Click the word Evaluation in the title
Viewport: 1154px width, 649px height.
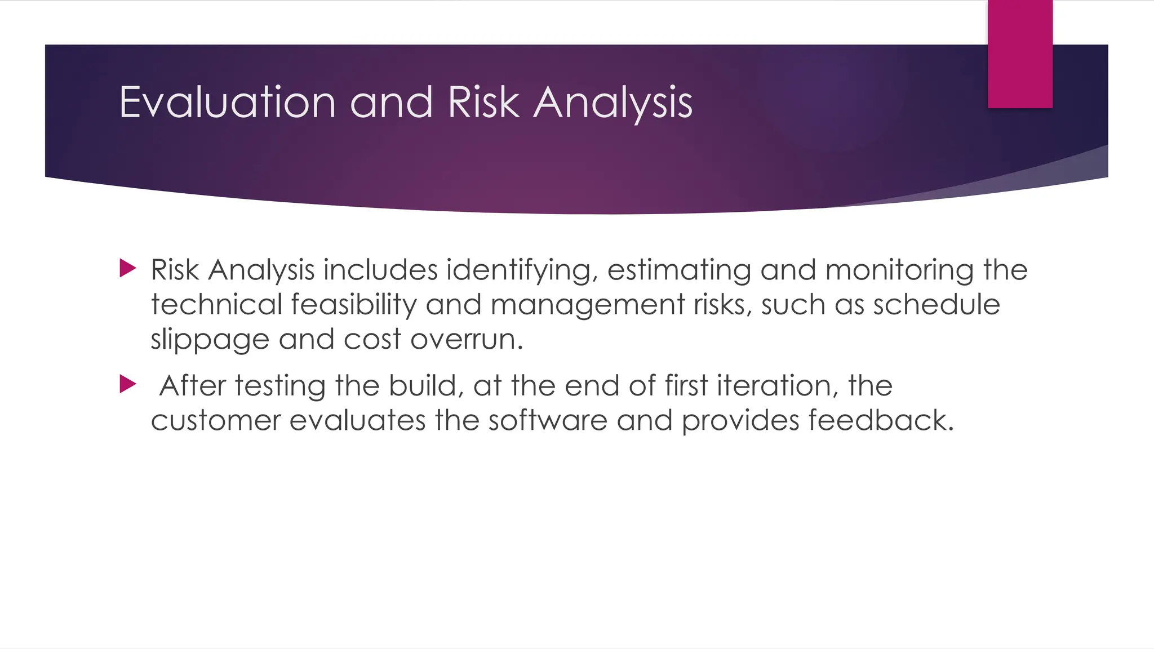[x=228, y=103]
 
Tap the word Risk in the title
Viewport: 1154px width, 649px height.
[x=483, y=103]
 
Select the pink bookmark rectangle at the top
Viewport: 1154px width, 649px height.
[x=1020, y=54]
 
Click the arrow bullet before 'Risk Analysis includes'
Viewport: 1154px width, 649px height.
[x=128, y=268]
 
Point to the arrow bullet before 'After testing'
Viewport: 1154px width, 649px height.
[x=128, y=385]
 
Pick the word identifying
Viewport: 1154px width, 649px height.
[x=522, y=270]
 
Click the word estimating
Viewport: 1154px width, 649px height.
[x=679, y=270]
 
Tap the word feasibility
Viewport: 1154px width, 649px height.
[x=354, y=305]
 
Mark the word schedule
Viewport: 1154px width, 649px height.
[x=936, y=305]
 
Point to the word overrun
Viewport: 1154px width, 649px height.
[x=467, y=340]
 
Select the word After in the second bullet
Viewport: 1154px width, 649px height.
[x=193, y=386]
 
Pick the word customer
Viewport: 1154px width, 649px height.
[x=216, y=421]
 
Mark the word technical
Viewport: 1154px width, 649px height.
[x=216, y=305]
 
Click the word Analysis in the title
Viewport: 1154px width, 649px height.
[x=612, y=104]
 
